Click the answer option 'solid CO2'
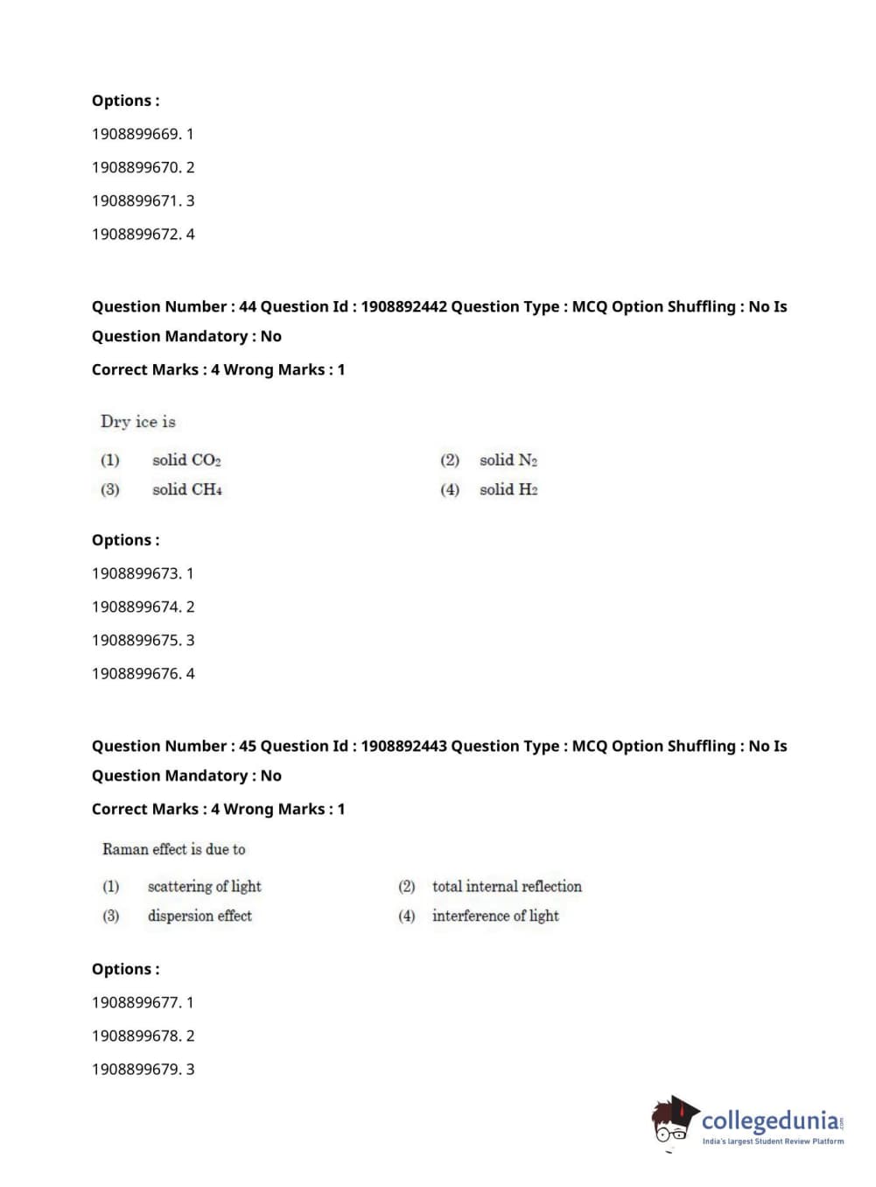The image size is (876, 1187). click(x=186, y=460)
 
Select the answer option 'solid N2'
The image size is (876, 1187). click(x=508, y=460)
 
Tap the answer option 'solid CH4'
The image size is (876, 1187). click(x=186, y=490)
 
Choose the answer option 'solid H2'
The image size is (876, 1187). click(x=508, y=490)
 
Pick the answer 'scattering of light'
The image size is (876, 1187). click(x=204, y=887)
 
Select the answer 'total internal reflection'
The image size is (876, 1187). click(x=507, y=887)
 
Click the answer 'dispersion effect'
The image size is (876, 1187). click(x=200, y=917)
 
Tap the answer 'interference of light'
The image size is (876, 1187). click(x=495, y=917)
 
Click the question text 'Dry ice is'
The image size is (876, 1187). click(x=138, y=422)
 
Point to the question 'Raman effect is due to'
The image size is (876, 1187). click(x=173, y=849)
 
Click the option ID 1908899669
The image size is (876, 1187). click(x=136, y=134)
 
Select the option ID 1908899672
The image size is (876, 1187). click(x=136, y=234)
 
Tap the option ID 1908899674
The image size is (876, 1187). click(x=136, y=607)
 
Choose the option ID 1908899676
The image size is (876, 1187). click(x=136, y=673)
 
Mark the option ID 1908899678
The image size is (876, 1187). click(x=136, y=1036)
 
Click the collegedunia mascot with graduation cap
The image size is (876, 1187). click(x=673, y=1120)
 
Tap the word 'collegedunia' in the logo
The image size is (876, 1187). click(x=769, y=1120)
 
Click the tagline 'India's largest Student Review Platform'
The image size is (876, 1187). click(x=773, y=1141)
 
